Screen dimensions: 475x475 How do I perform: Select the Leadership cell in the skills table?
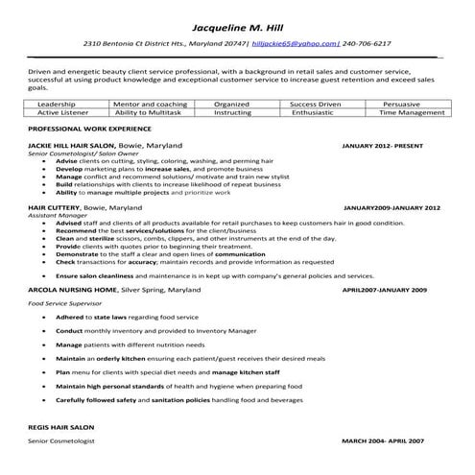click(x=57, y=103)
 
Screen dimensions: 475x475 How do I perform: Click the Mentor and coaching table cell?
click(x=149, y=103)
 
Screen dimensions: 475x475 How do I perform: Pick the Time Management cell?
click(x=409, y=112)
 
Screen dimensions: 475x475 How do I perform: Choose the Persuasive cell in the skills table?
click(x=409, y=103)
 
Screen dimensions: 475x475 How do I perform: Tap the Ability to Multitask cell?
click(x=149, y=112)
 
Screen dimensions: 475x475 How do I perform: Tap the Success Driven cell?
click(x=317, y=103)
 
